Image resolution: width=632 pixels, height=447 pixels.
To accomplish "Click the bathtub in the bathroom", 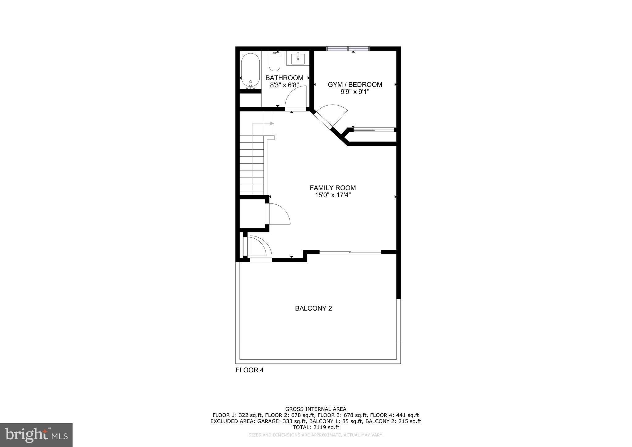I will (x=250, y=71).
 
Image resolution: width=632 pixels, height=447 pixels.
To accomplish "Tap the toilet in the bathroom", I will (x=274, y=62).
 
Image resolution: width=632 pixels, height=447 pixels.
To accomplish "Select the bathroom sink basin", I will (x=298, y=58).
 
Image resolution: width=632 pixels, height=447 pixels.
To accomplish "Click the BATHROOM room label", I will (x=284, y=78).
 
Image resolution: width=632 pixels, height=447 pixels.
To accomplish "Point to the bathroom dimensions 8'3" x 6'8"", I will (x=284, y=85).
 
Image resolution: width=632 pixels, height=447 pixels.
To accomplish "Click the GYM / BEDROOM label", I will (x=355, y=85).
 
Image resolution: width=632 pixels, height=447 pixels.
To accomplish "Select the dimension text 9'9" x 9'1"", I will (x=355, y=92).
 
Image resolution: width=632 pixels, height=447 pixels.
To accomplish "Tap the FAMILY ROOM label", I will (x=333, y=188).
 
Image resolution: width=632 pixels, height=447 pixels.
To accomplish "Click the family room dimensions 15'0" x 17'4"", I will (x=333, y=195).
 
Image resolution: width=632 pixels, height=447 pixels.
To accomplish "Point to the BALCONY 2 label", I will (x=313, y=308).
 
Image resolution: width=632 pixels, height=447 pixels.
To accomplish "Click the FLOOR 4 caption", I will (x=249, y=370).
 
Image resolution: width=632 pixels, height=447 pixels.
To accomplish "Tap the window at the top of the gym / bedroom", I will (x=348, y=48).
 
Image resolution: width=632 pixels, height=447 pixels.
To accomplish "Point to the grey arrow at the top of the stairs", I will (x=272, y=123).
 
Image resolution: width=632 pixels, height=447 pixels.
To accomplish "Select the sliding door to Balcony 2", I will (x=350, y=252).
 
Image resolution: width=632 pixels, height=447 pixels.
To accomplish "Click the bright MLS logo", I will (x=36, y=435).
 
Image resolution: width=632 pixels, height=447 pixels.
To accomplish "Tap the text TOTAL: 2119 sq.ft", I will (x=316, y=428).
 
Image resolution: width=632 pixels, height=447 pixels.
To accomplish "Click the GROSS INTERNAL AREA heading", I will (x=316, y=409).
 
